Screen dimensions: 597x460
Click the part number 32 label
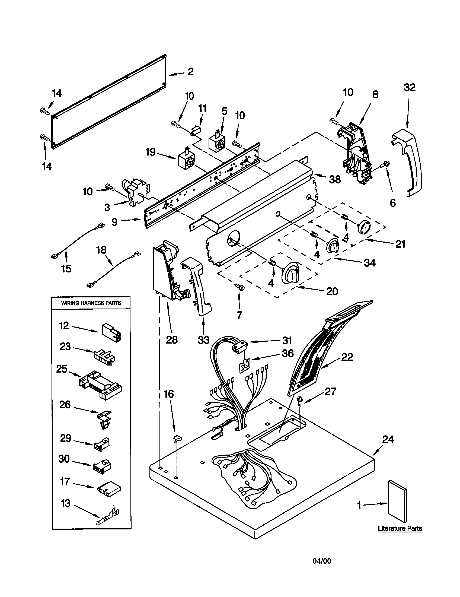click(410, 88)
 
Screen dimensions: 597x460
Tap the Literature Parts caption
click(400, 528)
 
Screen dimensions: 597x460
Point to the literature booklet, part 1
click(397, 501)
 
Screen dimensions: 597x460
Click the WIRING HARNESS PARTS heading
click(91, 303)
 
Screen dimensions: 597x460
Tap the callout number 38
click(335, 180)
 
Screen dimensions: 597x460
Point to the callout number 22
click(347, 357)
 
